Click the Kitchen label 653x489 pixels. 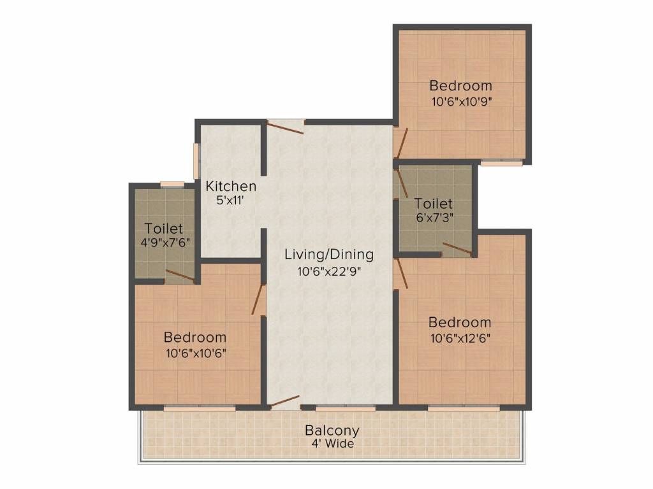231,187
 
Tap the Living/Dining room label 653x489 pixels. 329,254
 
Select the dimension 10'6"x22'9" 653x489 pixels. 329,271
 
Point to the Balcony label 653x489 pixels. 332,430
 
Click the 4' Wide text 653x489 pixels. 333,444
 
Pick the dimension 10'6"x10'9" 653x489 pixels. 461,102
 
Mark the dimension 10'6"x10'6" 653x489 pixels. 196,353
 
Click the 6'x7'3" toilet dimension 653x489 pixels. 434,218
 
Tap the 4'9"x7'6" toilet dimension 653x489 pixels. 165,243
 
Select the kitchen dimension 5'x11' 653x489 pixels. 230,201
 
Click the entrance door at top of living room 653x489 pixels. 285,127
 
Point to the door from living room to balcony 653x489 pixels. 284,402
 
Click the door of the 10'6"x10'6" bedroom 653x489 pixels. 259,299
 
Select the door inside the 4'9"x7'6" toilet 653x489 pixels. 180,276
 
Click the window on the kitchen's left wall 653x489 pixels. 196,161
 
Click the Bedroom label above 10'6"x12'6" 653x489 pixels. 460,322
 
